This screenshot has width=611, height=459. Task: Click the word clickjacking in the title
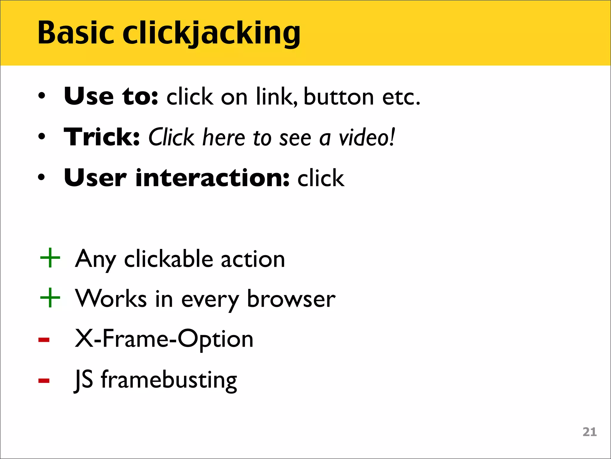pos(211,33)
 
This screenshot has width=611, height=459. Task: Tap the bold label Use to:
pos(111,96)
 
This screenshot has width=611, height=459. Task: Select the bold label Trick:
pos(102,137)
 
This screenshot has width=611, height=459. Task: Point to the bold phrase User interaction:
pos(177,178)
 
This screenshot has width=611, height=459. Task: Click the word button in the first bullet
pos(339,97)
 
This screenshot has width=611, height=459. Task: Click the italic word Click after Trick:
pos(171,137)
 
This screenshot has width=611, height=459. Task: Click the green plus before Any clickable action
pos(50,258)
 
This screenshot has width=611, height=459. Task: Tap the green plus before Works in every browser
pos(50,298)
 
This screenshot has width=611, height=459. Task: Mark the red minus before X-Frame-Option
pos(44,340)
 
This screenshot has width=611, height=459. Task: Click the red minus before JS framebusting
pos(44,380)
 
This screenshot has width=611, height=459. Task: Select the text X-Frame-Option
pos(164,339)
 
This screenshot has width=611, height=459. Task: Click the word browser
pos(291,299)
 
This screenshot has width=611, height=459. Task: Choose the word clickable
pos(169,259)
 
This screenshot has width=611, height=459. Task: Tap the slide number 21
pos(590,432)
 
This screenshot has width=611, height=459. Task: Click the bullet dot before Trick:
pos(42,137)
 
